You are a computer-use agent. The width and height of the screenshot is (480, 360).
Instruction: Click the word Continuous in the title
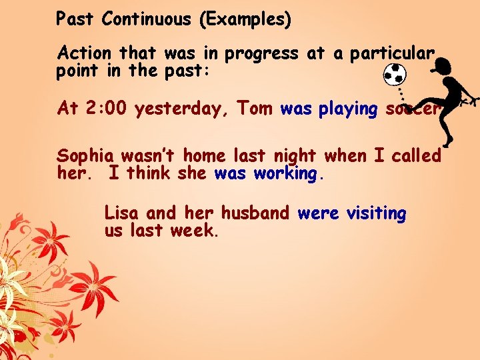(146, 19)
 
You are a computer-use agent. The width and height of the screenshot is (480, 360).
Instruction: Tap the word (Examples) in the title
(244, 20)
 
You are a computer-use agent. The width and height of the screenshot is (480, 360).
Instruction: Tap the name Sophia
(87, 157)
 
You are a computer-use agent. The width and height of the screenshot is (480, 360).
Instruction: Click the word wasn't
(149, 156)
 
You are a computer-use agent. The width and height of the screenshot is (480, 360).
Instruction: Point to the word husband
(255, 213)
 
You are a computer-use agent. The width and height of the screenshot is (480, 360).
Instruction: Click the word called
(417, 156)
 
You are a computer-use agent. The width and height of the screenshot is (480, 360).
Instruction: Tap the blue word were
(317, 213)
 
